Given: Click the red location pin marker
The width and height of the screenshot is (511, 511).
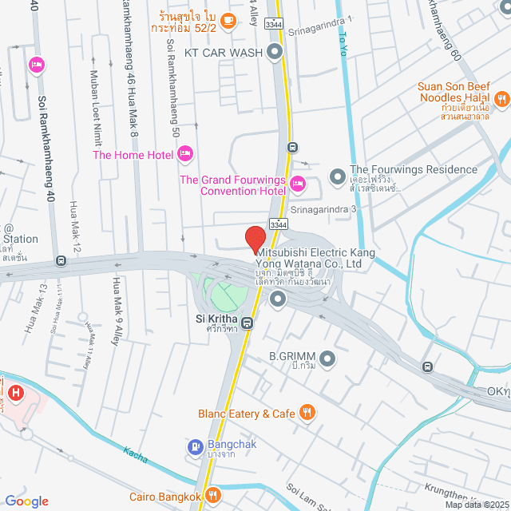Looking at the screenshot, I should [x=255, y=238].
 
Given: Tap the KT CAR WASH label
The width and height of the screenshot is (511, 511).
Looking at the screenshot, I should [x=224, y=53].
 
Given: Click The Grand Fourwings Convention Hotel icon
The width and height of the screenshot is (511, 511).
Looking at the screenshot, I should [x=298, y=185].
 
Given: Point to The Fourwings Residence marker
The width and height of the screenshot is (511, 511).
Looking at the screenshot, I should [x=337, y=174].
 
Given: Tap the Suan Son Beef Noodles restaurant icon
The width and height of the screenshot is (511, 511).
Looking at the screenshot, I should [x=502, y=99].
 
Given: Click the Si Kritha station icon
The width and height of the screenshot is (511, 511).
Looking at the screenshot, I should [x=248, y=323].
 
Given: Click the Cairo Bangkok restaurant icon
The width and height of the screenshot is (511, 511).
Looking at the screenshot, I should [x=212, y=496].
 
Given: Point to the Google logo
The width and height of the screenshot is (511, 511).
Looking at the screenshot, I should [x=27, y=501].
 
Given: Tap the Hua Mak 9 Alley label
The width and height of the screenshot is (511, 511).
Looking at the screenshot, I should [x=117, y=307].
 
